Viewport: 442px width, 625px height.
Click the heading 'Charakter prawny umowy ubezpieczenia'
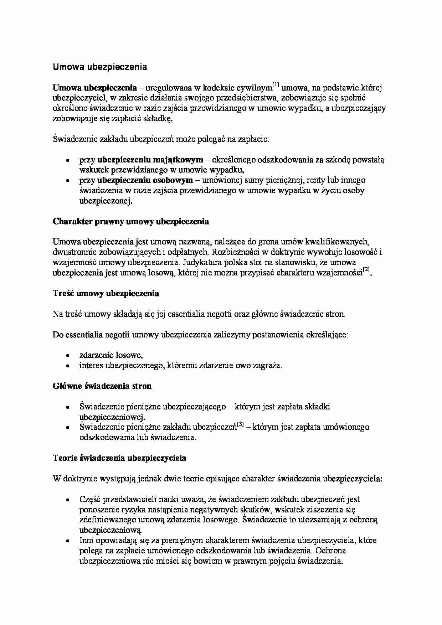131,222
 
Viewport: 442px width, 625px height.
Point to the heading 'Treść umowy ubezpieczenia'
106,294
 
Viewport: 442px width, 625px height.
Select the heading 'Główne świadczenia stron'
102,386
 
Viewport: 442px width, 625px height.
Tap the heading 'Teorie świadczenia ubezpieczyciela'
119,458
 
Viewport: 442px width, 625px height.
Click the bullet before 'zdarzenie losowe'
67,356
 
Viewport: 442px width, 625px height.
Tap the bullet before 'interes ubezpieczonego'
67,366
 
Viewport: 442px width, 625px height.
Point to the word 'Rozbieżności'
235,252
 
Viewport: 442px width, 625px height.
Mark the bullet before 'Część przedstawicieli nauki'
67,500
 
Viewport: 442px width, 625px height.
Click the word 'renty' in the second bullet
315,180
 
